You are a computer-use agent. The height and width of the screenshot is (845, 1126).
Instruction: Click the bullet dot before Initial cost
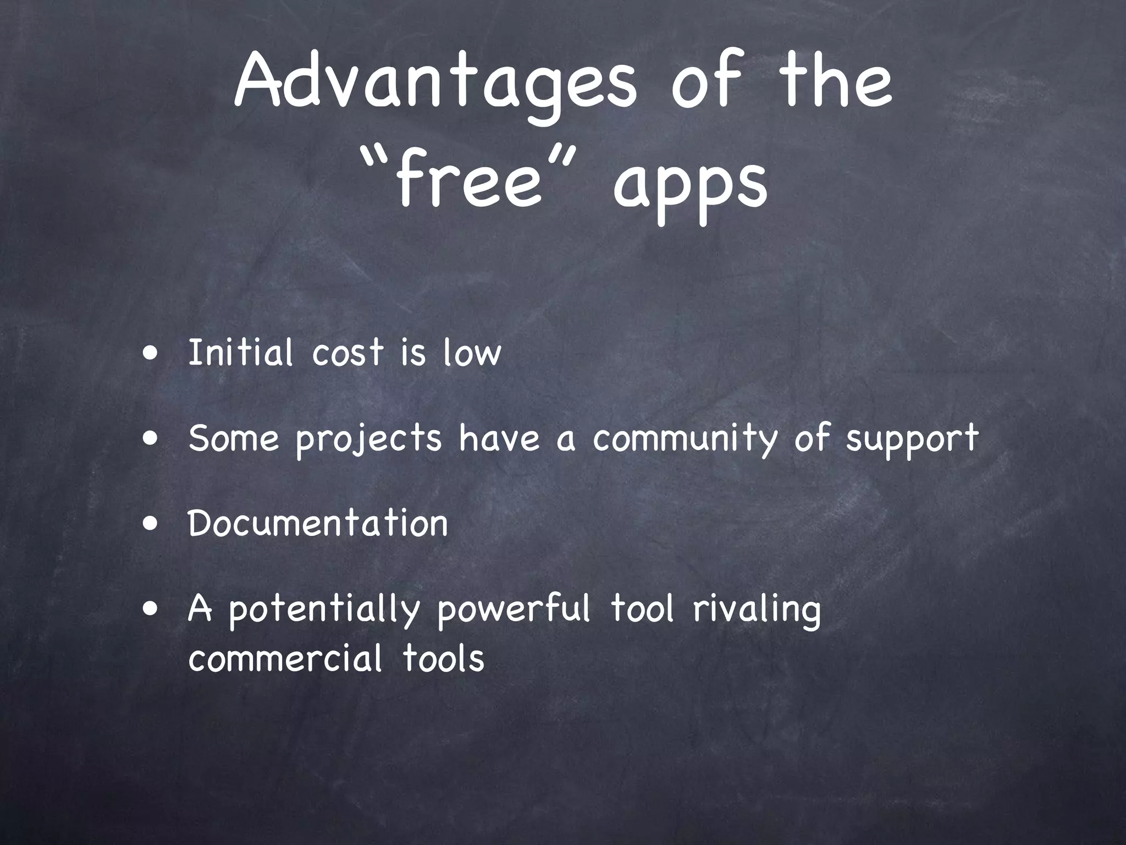pyautogui.click(x=150, y=353)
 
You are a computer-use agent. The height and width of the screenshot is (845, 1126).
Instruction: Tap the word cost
pyautogui.click(x=347, y=353)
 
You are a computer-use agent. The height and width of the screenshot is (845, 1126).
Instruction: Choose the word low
pyautogui.click(x=472, y=353)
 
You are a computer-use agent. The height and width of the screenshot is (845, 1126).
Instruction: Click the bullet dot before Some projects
pyautogui.click(x=150, y=439)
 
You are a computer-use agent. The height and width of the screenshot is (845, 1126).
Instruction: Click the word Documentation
pyautogui.click(x=318, y=523)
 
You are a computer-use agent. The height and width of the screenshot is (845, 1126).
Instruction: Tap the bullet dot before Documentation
pyautogui.click(x=150, y=524)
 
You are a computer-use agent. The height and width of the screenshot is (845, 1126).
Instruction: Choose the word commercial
pyautogui.click(x=285, y=659)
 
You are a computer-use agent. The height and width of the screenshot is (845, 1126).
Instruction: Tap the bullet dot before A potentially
pyautogui.click(x=150, y=610)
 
